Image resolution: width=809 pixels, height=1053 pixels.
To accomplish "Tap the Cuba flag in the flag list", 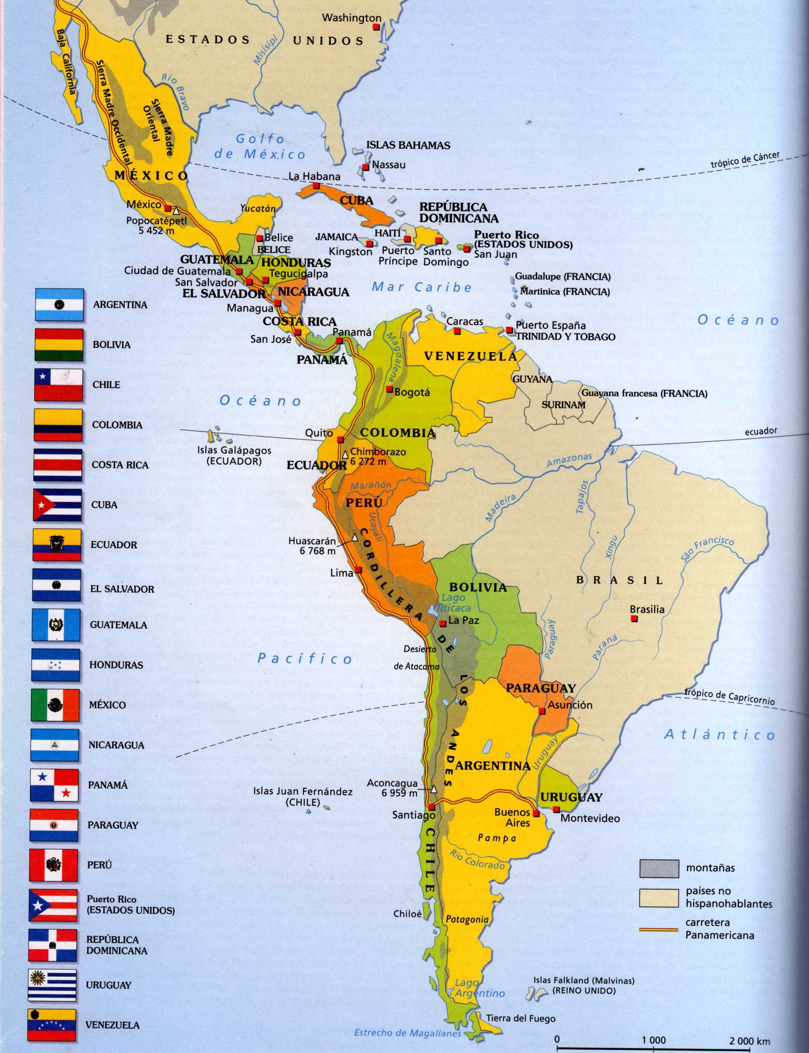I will point(57,505).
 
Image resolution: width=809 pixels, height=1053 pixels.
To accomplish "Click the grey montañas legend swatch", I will point(659,868).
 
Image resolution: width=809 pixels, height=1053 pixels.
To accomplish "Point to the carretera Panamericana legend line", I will point(658,929).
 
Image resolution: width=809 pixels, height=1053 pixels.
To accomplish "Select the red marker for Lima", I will point(358,571).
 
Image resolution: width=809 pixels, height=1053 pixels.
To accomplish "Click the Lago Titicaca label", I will point(452,603).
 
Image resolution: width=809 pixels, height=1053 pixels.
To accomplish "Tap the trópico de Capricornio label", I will point(730,697).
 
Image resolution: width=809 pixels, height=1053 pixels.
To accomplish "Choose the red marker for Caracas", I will point(457,332).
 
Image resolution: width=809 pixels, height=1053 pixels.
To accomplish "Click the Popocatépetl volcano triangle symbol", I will point(177,210).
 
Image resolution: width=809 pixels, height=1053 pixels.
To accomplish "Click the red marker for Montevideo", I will point(556,809).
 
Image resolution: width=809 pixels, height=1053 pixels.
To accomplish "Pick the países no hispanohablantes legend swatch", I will point(659,897).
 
